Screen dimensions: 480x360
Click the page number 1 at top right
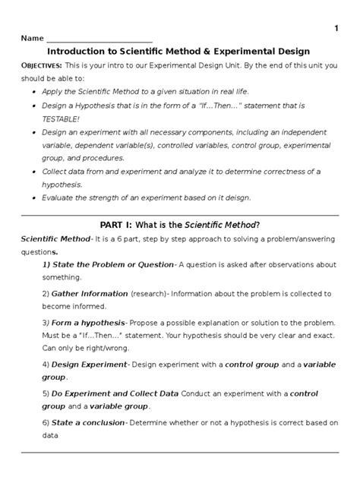coord(336,29)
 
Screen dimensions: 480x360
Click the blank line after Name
coord(99,39)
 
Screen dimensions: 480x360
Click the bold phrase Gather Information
coord(89,293)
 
